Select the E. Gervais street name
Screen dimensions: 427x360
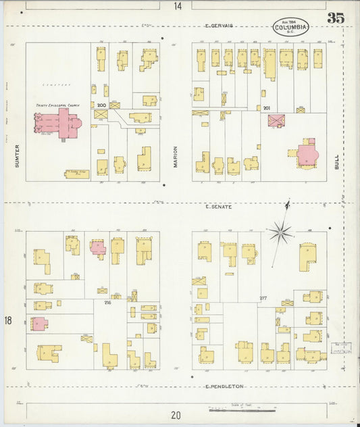pos(219,26)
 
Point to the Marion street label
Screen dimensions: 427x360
pos(174,157)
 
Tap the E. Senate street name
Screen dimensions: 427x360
pos(219,206)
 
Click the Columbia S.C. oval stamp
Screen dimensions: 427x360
pos(292,28)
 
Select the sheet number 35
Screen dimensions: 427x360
pos(336,18)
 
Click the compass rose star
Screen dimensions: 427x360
pos(280,233)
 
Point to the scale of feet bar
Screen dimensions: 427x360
pos(242,409)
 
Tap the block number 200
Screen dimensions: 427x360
pos(102,106)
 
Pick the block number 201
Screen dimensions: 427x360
pos(266,108)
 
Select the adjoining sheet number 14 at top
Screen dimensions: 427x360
pos(177,6)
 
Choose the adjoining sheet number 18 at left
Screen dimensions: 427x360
pos(8,320)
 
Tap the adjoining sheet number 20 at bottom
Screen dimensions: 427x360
pos(176,416)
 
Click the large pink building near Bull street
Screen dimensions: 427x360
pos(307,153)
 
